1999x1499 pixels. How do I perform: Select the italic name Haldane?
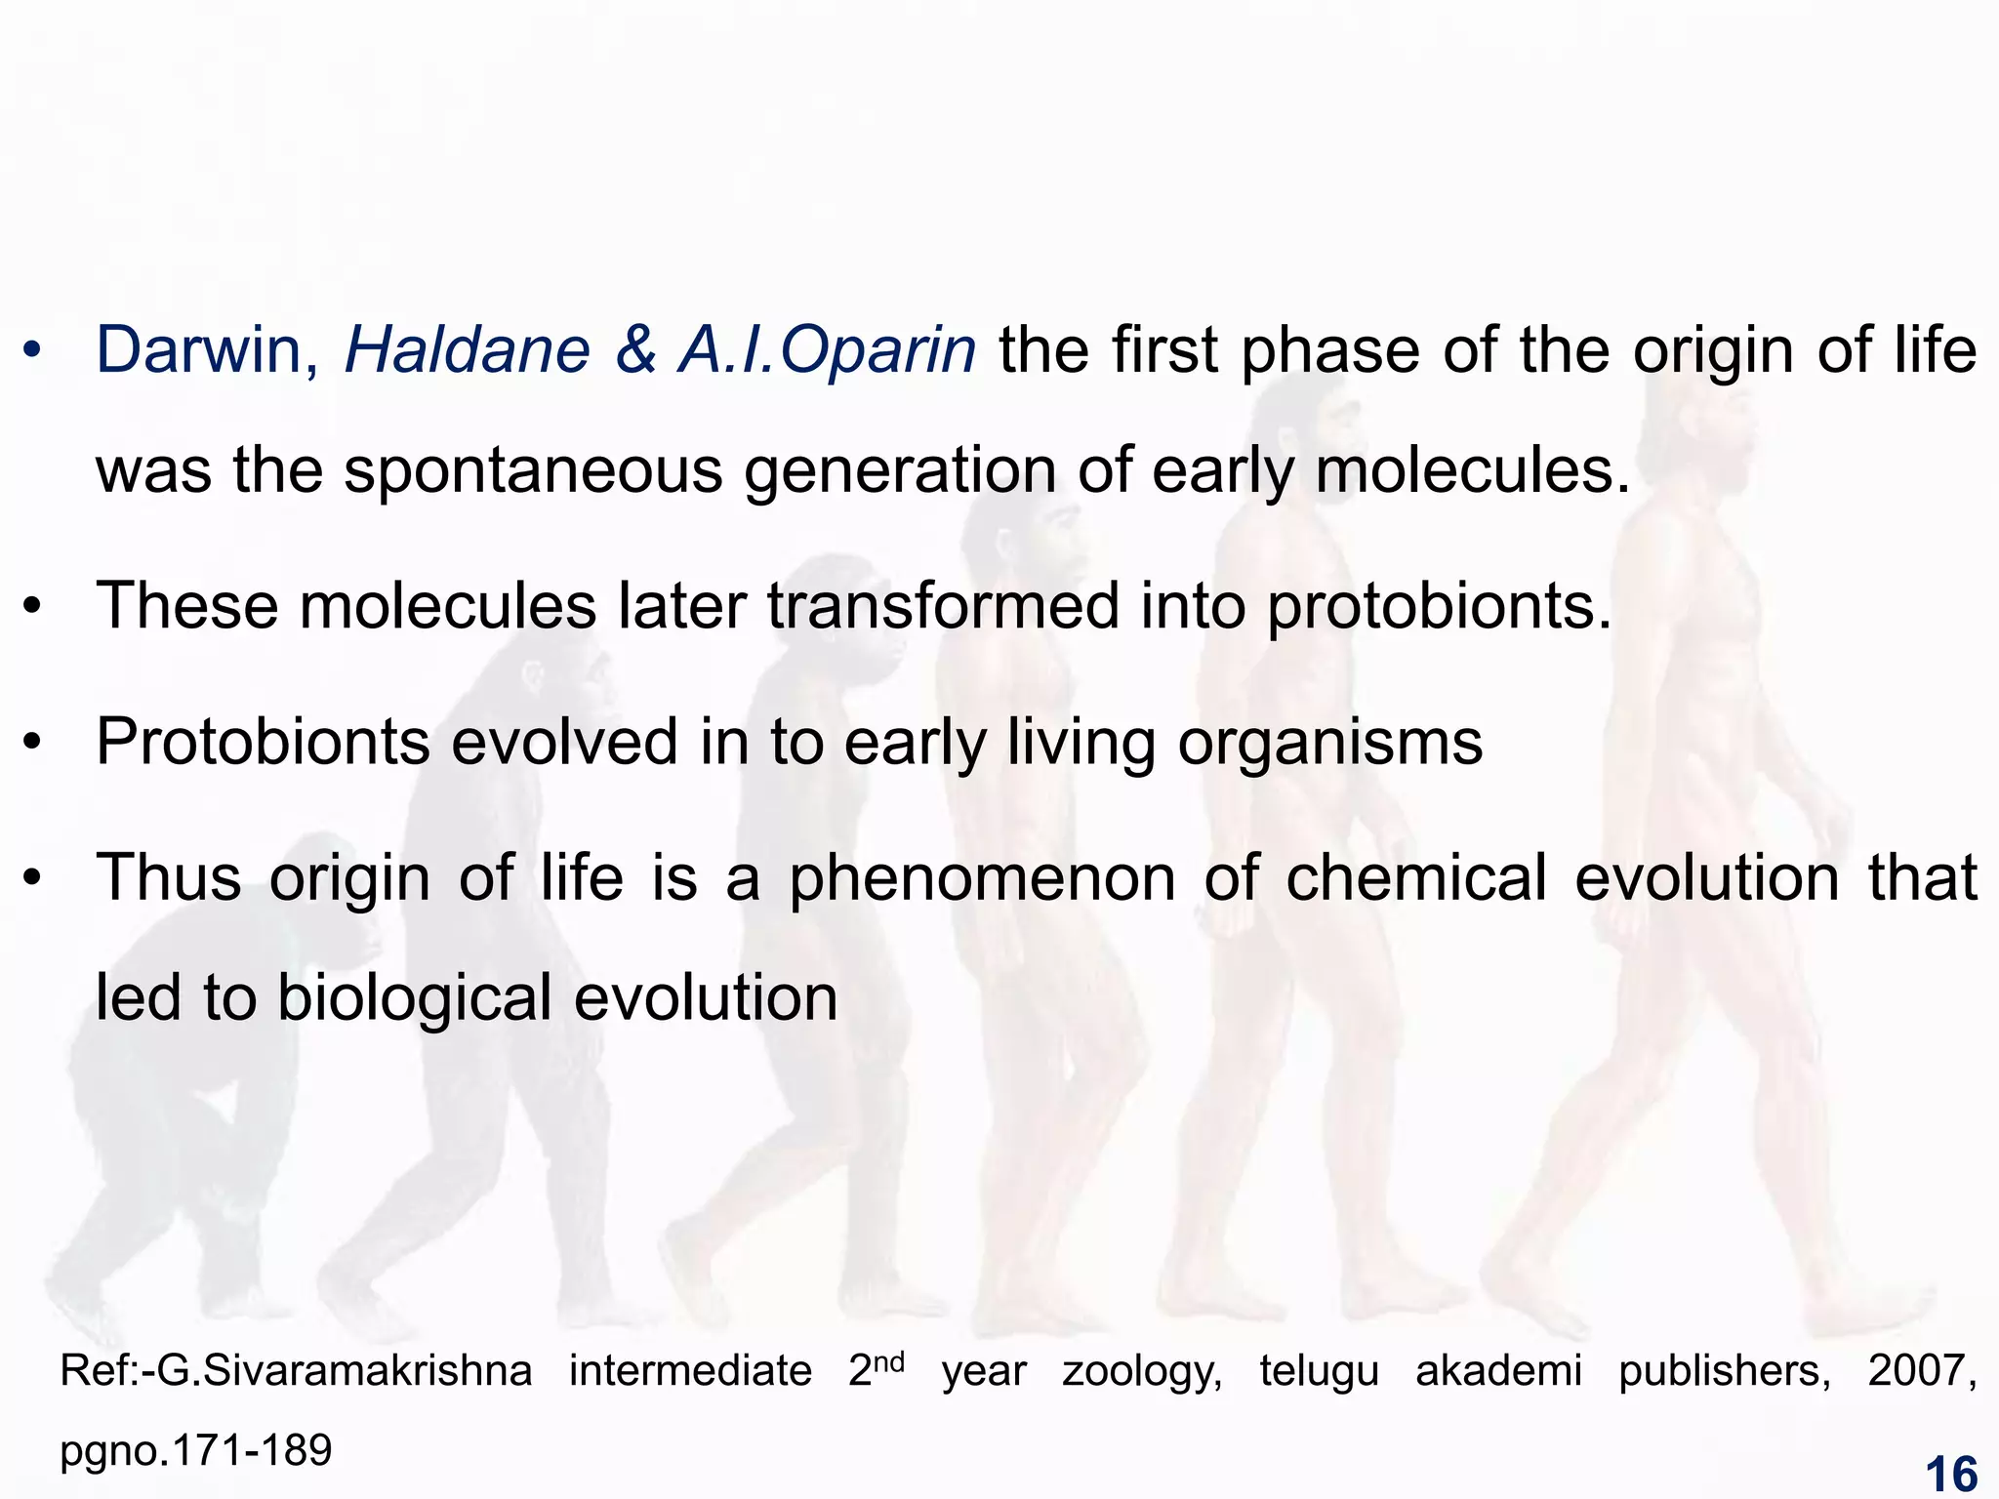[468, 351]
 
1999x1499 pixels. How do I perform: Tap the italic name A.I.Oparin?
[827, 351]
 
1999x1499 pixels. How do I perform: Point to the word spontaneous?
[533, 471]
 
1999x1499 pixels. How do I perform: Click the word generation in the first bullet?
[899, 471]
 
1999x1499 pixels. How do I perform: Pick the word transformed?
[943, 606]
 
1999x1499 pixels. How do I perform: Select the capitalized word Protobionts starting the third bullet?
[263, 743]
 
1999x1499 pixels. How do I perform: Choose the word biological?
[415, 998]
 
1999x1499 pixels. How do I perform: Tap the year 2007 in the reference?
[1922, 1371]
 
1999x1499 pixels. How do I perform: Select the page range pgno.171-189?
[196, 1451]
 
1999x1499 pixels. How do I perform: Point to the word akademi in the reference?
[1499, 1371]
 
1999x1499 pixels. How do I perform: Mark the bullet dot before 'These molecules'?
[33, 607]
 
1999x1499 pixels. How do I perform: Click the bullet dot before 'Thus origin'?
[33, 878]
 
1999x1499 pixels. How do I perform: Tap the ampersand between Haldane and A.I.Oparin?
[635, 351]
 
